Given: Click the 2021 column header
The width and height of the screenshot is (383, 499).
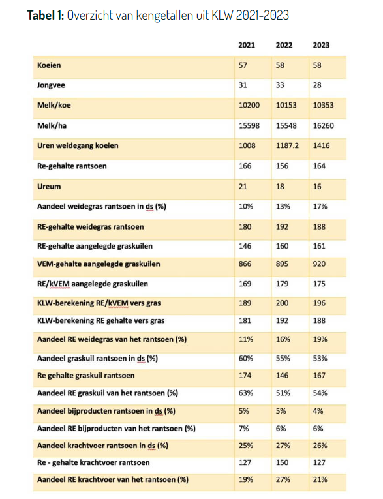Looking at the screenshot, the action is tap(247, 45).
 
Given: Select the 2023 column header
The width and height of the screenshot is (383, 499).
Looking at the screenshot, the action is tap(321, 45).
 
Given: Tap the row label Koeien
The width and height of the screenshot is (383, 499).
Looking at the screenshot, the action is tap(49, 65).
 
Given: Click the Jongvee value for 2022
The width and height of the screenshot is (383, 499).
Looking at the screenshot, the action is tap(280, 85).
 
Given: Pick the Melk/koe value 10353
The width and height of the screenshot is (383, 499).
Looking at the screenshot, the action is tap(323, 105).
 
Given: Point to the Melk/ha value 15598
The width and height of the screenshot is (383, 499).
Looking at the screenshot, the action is tap(249, 126).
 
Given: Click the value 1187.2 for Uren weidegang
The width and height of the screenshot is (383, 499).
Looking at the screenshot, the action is tap(287, 145).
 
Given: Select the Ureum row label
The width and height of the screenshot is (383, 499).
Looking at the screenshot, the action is tap(49, 187).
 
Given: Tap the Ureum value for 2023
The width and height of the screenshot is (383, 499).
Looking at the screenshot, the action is tap(317, 187).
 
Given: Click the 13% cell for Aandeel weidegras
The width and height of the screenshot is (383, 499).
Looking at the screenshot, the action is tap(283, 207).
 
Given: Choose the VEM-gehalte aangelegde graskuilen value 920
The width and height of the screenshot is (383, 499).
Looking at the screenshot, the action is tap(319, 264).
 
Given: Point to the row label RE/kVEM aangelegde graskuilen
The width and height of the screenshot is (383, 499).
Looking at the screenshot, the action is tap(93, 284).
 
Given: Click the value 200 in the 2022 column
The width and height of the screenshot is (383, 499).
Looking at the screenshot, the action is tap(282, 303).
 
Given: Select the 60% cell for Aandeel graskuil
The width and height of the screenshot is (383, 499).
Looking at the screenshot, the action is tap(246, 359).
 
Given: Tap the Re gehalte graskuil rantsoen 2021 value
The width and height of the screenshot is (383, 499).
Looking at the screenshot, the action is tap(245, 376).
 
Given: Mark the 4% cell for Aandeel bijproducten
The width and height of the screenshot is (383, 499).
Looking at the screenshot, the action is tap(318, 411).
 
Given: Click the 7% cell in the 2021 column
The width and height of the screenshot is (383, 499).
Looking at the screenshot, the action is tap(243, 429).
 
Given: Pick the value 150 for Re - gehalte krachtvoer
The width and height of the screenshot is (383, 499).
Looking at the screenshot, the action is tap(282, 462).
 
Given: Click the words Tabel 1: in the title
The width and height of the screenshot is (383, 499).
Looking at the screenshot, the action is tap(46, 15).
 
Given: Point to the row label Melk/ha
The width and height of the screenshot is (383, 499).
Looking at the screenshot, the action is tap(52, 126).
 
